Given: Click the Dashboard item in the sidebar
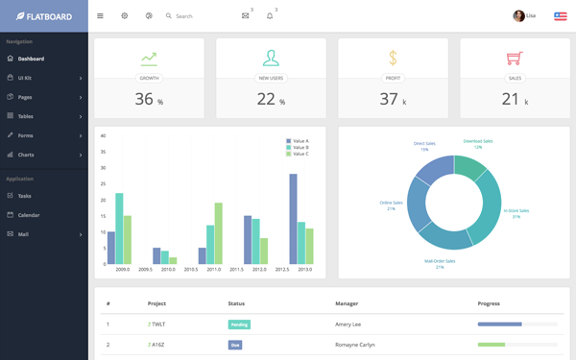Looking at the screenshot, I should pos(31,59).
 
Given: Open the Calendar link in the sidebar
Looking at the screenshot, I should pos(29,215).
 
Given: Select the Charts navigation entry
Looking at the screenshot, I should pos(26,155).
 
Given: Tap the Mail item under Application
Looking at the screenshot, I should pos(23,234).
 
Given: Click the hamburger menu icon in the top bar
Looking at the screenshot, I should pos(100,16).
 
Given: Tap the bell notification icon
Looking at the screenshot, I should pos(270,16).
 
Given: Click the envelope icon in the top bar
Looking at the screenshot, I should pos(245,16).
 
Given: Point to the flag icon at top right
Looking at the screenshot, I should pos(560,16).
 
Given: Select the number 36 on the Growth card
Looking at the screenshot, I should pos(144,99).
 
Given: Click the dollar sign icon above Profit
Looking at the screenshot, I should pos(393,59).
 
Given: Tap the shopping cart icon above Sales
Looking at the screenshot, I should pos(515,59).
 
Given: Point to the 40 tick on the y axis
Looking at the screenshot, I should pos(103,136).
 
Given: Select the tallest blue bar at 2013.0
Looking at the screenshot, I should pos(293,219).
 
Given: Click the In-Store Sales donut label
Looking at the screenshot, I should pos(516,213).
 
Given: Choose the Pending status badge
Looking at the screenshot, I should pos(239,324).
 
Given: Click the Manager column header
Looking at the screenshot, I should pos(347,303).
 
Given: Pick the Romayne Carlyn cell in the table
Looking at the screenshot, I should pos(355,345).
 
